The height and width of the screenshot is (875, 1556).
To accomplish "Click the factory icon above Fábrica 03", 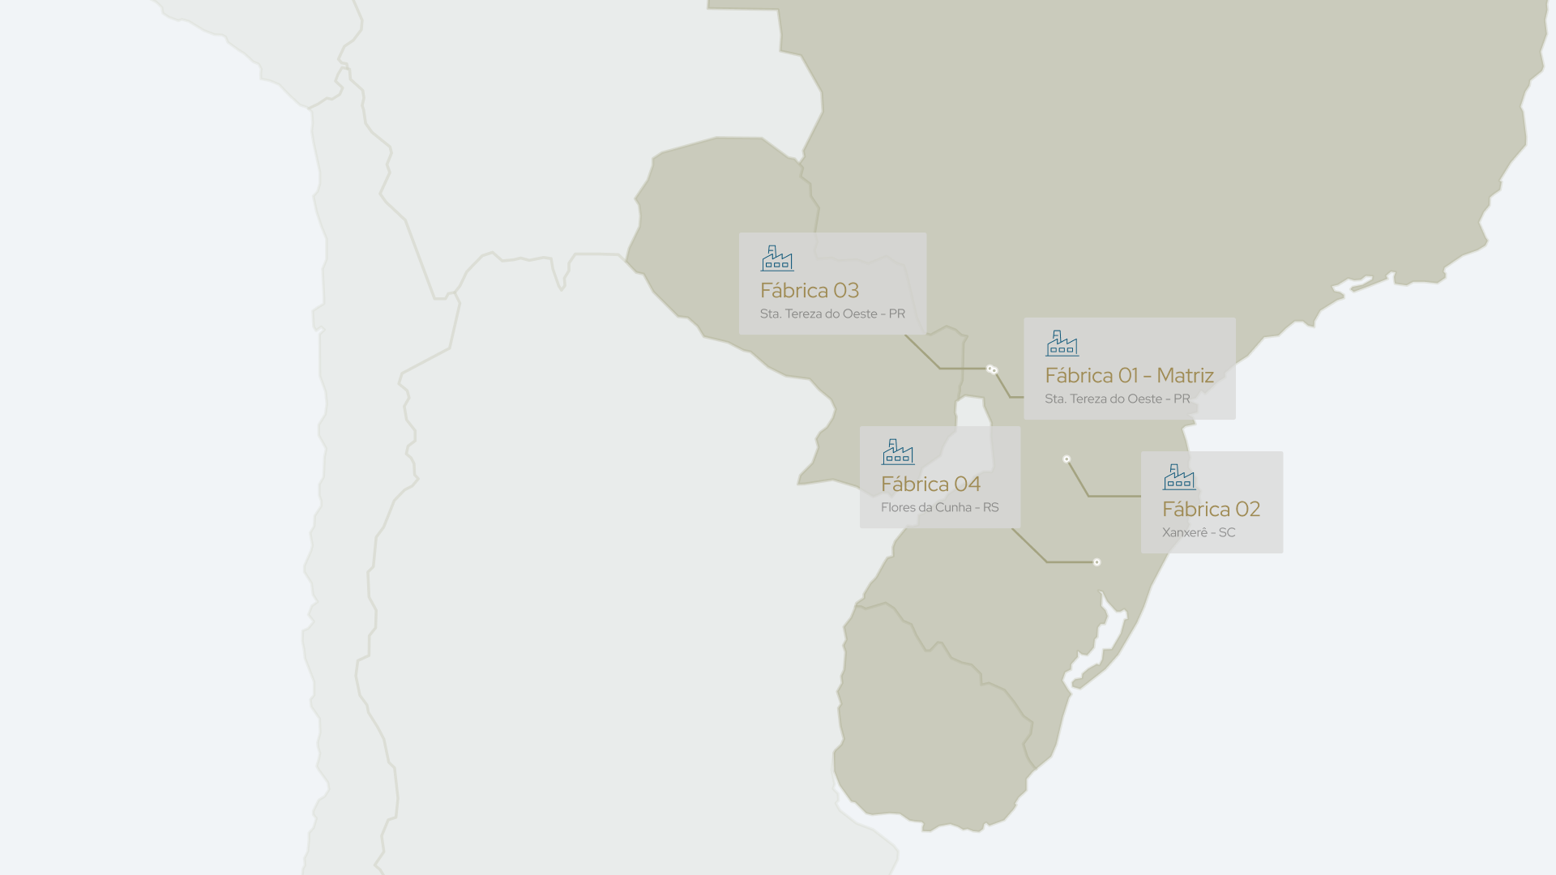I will (x=777, y=258).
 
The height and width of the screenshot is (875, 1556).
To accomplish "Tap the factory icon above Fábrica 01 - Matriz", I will (x=1062, y=344).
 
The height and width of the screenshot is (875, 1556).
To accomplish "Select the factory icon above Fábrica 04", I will (x=898, y=452).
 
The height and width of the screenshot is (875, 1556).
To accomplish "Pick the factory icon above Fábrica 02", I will (x=1179, y=477).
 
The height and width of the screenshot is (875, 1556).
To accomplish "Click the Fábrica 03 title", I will (x=809, y=291).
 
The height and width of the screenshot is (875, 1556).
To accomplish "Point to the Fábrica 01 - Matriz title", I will (x=1129, y=376).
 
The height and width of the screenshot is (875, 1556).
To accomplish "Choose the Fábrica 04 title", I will (x=930, y=484).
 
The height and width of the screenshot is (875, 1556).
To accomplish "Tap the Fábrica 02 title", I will (x=1211, y=510).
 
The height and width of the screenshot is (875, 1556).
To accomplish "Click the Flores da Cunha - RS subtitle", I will (x=939, y=508).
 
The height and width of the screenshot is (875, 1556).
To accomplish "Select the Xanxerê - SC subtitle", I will (x=1199, y=533).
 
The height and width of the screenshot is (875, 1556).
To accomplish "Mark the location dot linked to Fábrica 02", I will (x=1067, y=459).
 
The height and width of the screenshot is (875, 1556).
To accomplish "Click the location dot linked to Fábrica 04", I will (x=1096, y=562).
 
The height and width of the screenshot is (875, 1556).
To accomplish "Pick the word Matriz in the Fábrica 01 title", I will (x=1185, y=376).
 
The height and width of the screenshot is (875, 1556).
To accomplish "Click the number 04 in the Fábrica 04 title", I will (x=968, y=484).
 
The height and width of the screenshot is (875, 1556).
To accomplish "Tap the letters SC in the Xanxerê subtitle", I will (x=1227, y=533).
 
